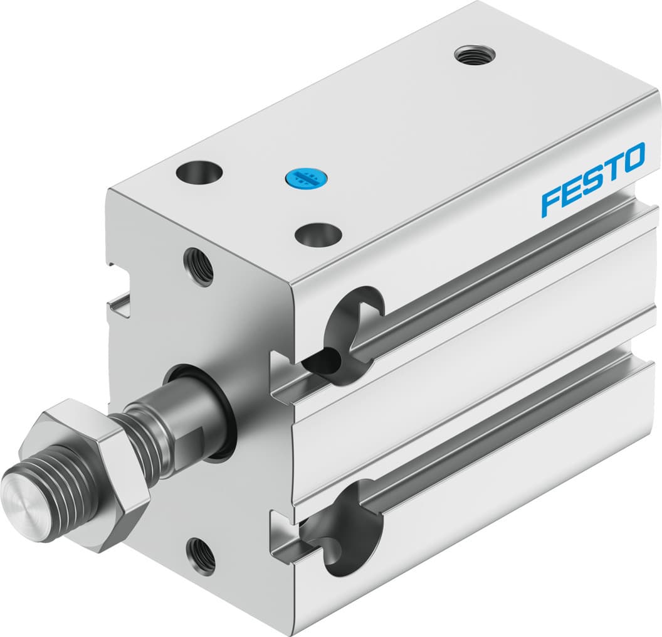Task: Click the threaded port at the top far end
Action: pos(475,55)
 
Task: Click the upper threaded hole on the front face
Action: pos(199,267)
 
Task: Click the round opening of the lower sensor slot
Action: pos(345,543)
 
